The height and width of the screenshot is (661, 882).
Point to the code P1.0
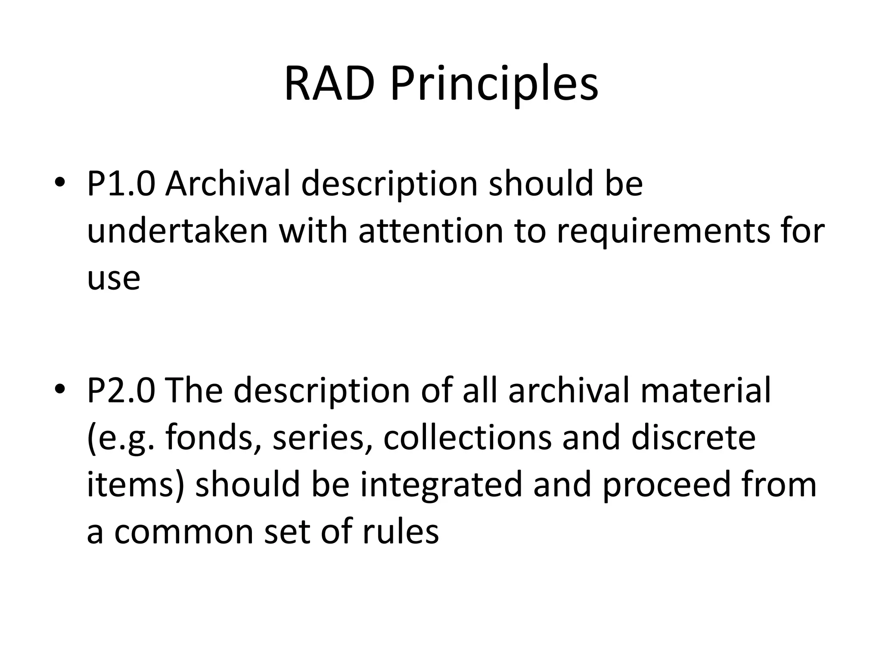click(x=121, y=184)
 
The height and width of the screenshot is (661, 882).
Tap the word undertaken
click(x=177, y=231)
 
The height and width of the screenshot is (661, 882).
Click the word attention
click(x=431, y=231)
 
